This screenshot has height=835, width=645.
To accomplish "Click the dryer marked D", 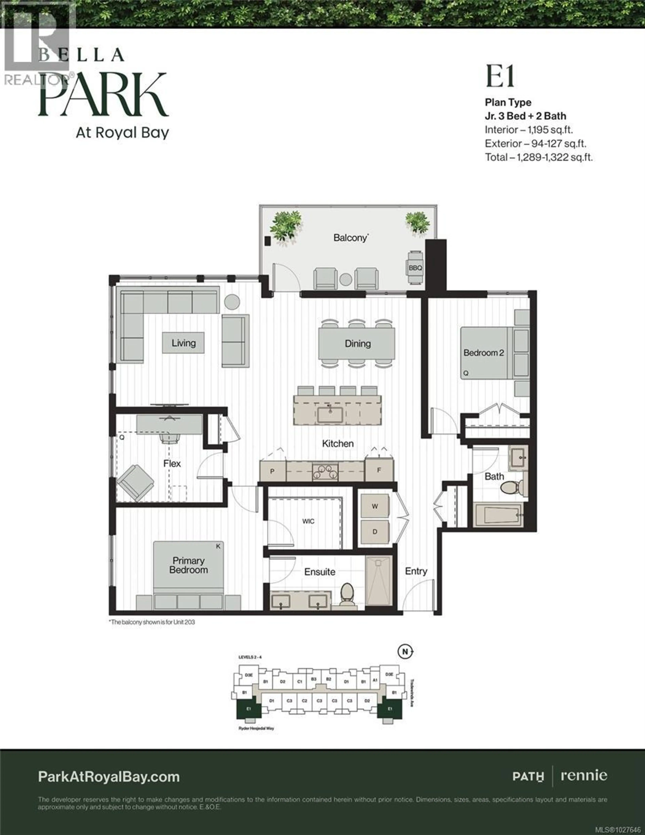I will (x=375, y=531).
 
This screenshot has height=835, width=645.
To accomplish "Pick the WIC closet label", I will (x=308, y=521).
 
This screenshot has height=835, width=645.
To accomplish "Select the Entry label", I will (x=416, y=571).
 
